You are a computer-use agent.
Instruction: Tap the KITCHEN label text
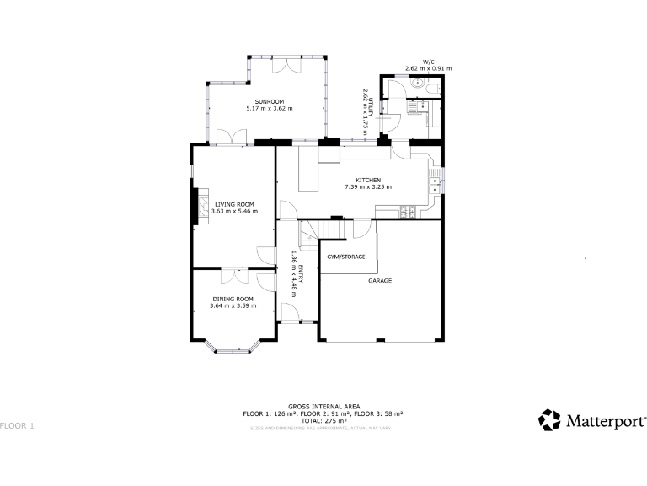[368, 180]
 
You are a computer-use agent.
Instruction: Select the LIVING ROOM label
[233, 204]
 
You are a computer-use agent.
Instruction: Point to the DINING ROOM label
[232, 299]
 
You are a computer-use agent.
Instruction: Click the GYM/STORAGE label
[346, 256]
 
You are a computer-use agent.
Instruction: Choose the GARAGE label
[380, 280]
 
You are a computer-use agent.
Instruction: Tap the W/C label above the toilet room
[428, 62]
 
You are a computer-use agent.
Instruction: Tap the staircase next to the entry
[323, 229]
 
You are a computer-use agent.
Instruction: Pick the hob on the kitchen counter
[409, 211]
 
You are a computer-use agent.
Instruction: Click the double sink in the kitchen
[436, 179]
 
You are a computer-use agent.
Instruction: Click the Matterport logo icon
[549, 419]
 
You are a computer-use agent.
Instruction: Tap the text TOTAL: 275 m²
[323, 420]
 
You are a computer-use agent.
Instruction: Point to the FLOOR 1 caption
[17, 425]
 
